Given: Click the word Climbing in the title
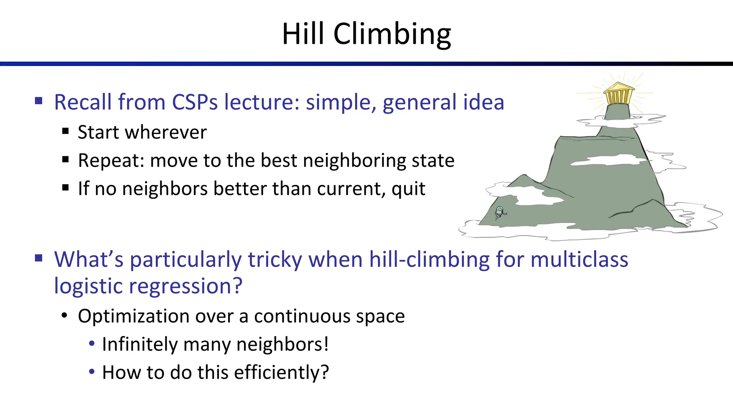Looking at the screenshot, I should pos(392,34).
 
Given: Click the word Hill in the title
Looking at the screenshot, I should pos(304,34).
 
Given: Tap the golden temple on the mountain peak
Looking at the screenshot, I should pos(618,94).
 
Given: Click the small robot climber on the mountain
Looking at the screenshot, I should pos(500,212).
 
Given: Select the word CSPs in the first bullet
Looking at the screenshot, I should pos(195,102).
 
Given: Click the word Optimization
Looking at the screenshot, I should pos(134,317).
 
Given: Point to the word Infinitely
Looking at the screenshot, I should pos(140,344).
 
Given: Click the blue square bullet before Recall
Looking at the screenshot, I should pos(39,100).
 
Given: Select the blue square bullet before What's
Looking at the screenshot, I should pos(39,258).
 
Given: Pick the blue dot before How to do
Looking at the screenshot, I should pos(92,372).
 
